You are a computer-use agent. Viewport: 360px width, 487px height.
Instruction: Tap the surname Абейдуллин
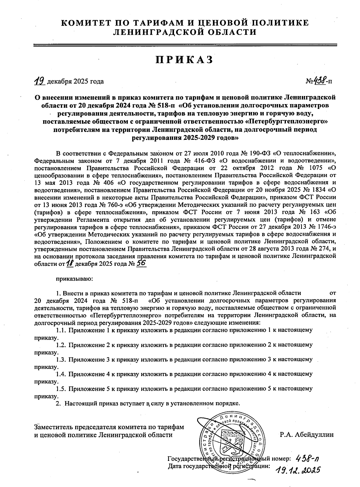(314, 434)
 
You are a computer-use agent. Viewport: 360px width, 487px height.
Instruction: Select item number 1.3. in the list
(61, 359)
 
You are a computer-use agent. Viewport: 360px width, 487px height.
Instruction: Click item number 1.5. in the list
(61, 389)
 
